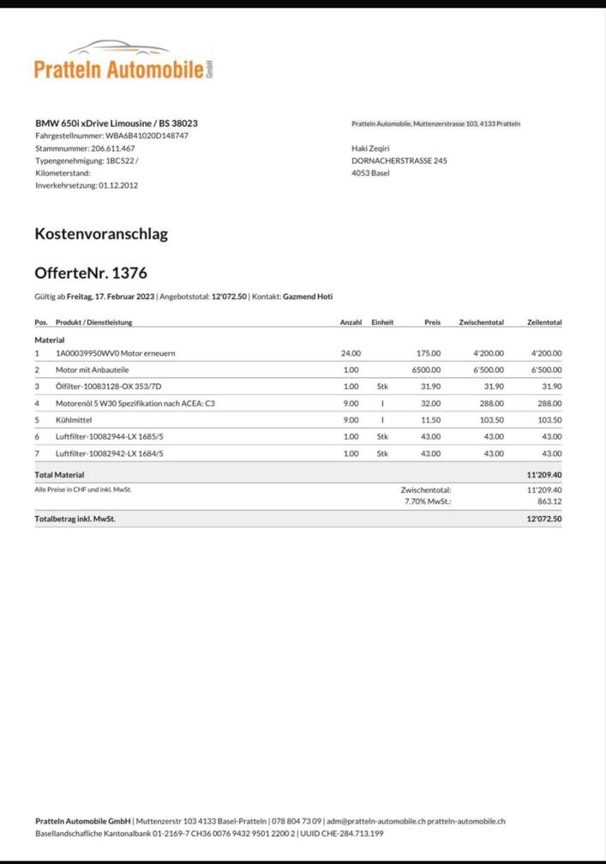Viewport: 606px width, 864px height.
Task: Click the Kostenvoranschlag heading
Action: tap(101, 233)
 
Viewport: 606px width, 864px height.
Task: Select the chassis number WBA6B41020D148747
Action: tap(147, 135)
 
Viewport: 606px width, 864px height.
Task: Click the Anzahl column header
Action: tap(351, 322)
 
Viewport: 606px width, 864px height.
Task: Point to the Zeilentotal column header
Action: tap(544, 322)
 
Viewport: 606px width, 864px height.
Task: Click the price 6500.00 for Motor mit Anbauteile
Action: tap(426, 369)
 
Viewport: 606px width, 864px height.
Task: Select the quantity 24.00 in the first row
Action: tap(351, 353)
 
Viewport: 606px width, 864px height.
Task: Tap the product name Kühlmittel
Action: tap(74, 420)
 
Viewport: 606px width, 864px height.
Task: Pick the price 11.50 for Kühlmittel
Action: tap(430, 420)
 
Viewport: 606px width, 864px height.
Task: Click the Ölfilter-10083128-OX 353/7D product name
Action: tap(109, 387)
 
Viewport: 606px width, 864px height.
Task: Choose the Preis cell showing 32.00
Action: tap(430, 403)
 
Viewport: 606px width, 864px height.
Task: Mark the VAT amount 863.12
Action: tap(549, 501)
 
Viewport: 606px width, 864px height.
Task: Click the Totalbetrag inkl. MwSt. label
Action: tap(75, 519)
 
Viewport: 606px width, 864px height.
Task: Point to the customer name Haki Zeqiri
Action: tap(370, 148)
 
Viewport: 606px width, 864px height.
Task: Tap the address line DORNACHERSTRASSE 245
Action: tap(399, 160)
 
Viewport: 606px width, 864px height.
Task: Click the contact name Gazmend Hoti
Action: tap(308, 297)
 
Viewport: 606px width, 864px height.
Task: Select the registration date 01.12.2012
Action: tap(118, 184)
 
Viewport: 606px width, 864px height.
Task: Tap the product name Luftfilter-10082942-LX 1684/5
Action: tap(109, 453)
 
